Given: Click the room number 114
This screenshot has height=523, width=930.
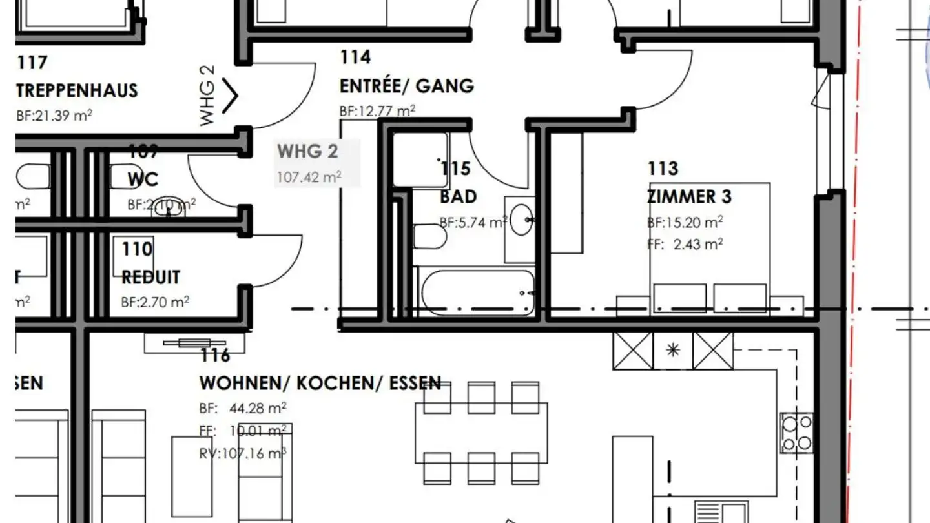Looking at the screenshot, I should (356, 57).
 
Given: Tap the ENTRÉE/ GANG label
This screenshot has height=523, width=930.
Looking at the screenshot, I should (407, 86).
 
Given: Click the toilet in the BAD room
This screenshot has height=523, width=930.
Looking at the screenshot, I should (429, 237).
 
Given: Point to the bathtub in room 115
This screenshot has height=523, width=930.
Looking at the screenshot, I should (477, 292).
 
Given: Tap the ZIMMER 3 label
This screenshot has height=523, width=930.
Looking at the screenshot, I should (690, 196).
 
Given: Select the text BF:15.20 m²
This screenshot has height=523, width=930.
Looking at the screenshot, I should (685, 223).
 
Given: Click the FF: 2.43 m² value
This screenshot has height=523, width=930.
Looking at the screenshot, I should (685, 244).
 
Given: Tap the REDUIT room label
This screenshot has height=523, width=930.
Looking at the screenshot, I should (150, 278).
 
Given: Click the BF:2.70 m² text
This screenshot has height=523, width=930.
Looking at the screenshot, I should (155, 302).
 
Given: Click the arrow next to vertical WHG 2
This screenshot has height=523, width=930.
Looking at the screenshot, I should (231, 96).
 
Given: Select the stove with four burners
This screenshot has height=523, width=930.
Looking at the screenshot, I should (796, 433).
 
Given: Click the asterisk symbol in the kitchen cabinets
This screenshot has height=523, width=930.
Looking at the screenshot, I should (674, 351).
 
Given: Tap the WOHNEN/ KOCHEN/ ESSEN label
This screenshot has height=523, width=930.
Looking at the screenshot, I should (320, 383).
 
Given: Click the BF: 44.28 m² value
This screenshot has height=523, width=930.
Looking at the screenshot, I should (243, 409).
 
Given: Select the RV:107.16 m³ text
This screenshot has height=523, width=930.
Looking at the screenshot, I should (243, 453).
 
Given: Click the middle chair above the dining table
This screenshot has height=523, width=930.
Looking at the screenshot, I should (481, 397).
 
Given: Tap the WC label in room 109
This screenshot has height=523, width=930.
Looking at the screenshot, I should (143, 179).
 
